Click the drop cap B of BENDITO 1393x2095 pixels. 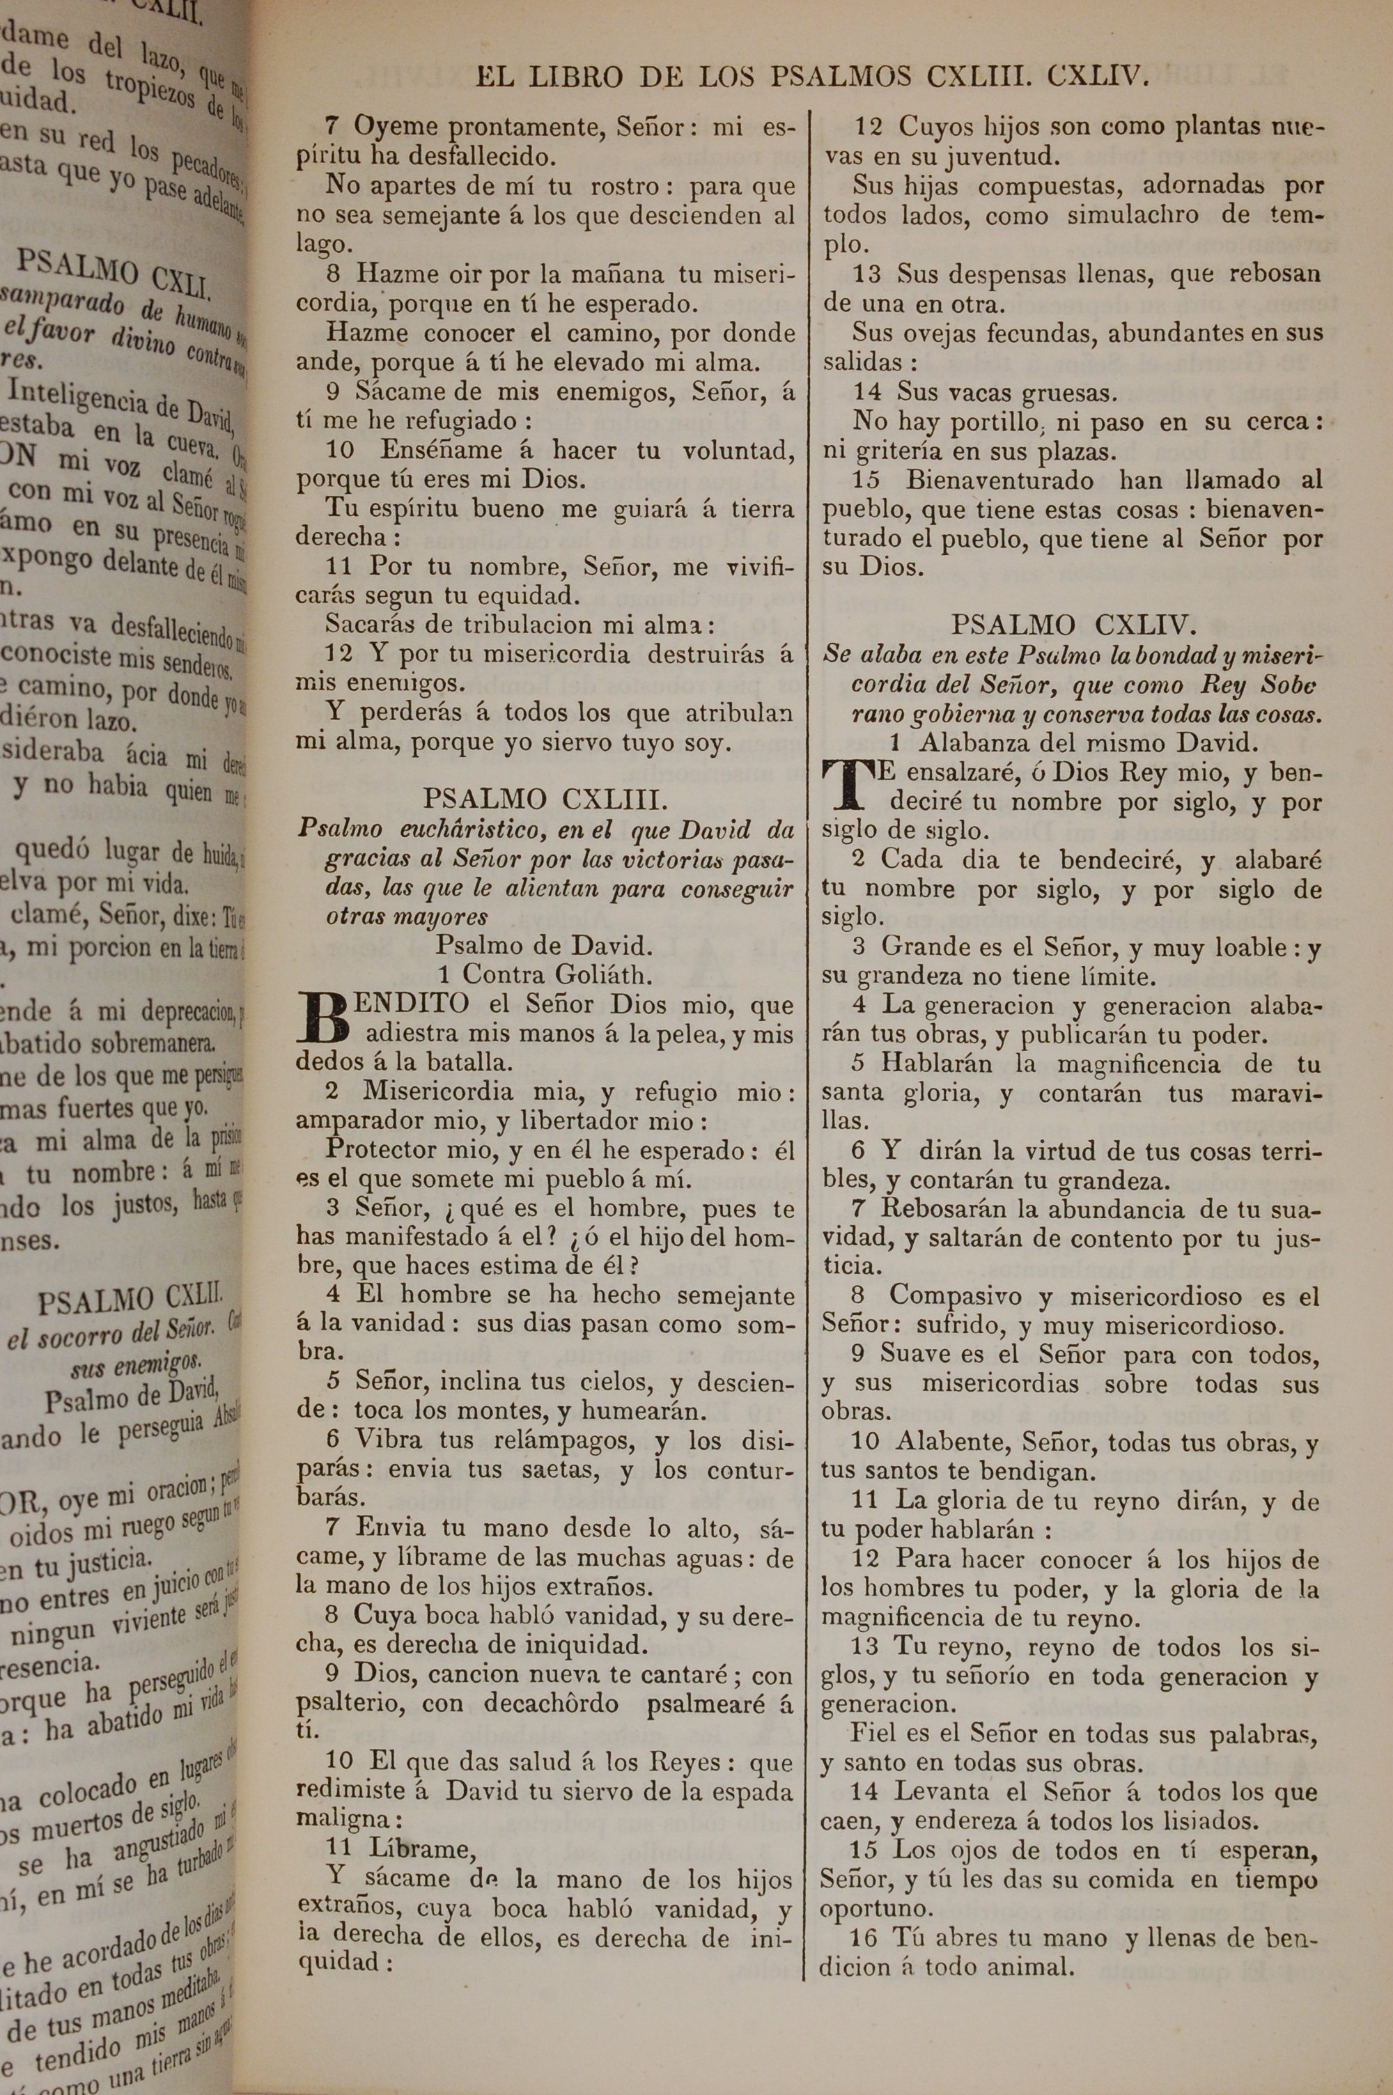click(x=325, y=1018)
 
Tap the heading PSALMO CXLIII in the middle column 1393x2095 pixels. click(x=545, y=800)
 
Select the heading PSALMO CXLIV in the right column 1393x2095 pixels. click(x=1074, y=625)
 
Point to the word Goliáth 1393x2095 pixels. click(x=603, y=974)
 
